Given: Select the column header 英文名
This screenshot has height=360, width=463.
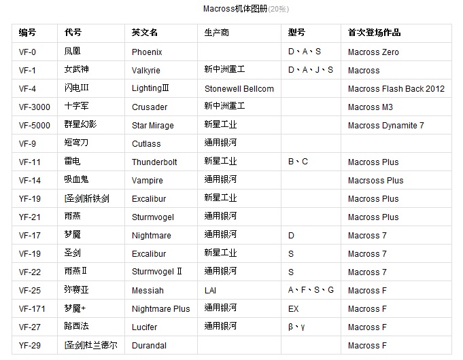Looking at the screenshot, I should click(x=145, y=33).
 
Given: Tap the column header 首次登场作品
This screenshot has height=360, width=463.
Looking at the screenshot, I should click(x=374, y=33).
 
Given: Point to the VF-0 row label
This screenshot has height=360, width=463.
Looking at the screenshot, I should click(x=28, y=52).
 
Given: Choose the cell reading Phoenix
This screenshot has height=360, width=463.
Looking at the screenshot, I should click(x=148, y=52).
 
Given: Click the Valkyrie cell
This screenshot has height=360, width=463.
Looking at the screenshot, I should click(x=147, y=70).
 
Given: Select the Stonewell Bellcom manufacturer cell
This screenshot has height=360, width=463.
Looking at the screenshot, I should click(x=239, y=88).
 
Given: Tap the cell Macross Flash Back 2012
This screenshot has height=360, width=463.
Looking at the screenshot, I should click(x=396, y=88).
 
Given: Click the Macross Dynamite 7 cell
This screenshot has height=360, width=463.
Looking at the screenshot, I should click(x=385, y=125).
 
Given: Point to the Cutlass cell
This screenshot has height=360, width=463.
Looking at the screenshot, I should click(x=146, y=143).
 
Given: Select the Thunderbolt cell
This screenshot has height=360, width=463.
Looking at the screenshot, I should click(x=154, y=162).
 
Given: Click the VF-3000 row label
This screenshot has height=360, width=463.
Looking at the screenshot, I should click(x=34, y=107).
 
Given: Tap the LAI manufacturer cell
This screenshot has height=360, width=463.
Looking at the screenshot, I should click(x=211, y=290).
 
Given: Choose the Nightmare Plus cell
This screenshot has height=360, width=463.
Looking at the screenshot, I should click(x=161, y=308).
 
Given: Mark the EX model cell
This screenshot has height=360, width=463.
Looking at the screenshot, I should click(x=294, y=308).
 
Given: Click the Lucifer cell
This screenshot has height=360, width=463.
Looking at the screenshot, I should click(x=145, y=327).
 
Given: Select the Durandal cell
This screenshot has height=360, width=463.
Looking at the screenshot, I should click(x=149, y=345).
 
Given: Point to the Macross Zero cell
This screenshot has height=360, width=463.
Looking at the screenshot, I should click(x=373, y=52).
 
